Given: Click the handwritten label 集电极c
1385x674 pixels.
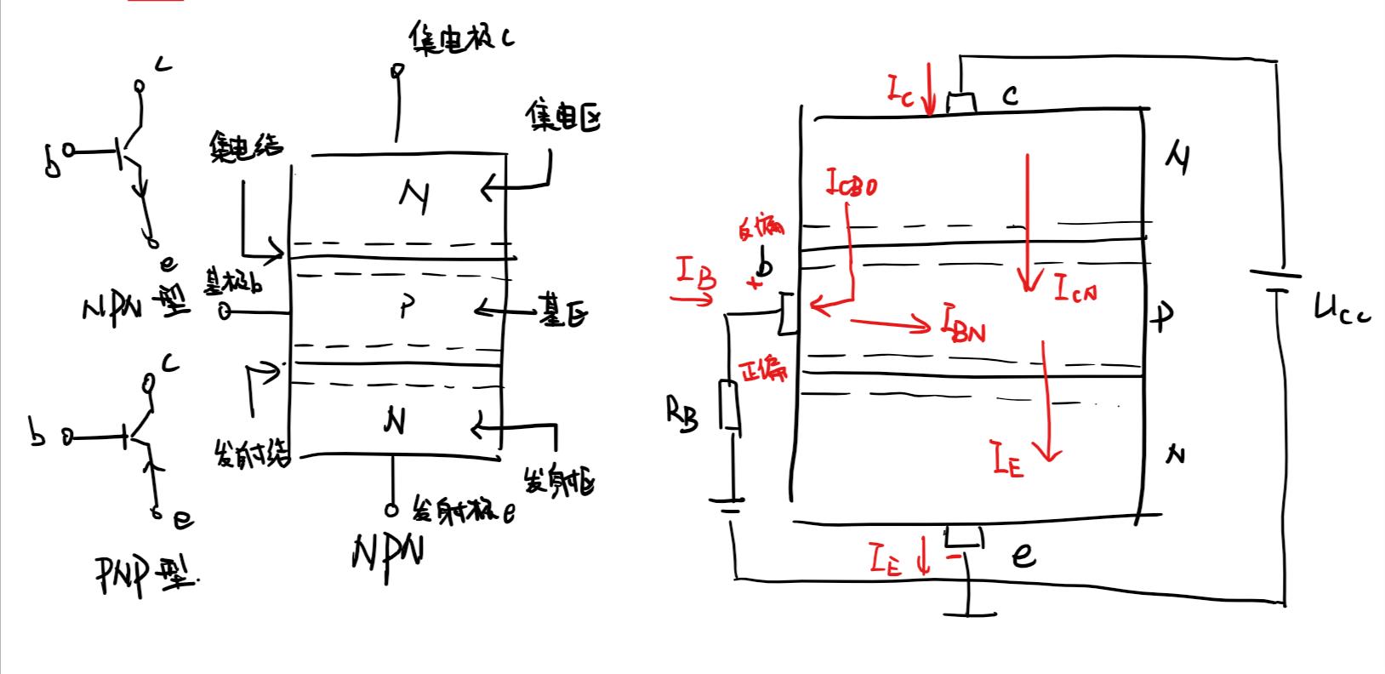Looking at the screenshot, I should [x=459, y=37].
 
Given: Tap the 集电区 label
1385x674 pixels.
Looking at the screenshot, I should [x=562, y=117].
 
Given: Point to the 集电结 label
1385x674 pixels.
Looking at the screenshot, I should [x=245, y=148].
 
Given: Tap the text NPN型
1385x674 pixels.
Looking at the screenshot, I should [x=136, y=308].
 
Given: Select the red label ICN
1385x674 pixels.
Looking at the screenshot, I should [x=1075, y=290].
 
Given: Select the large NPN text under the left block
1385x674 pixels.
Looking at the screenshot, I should [x=386, y=555].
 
